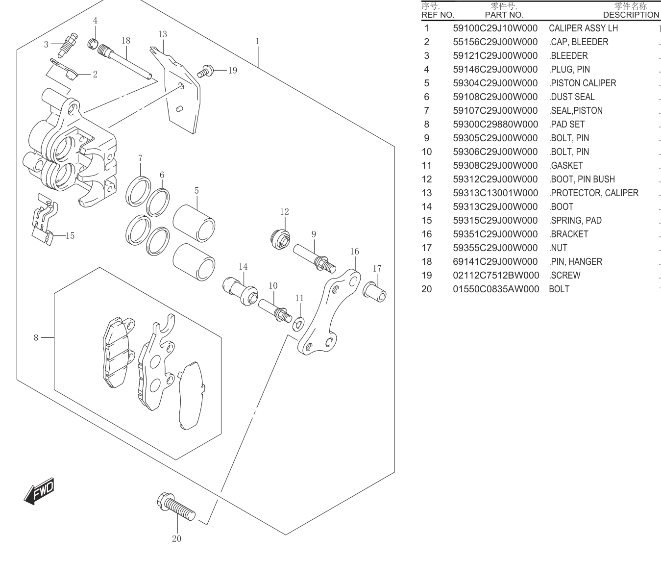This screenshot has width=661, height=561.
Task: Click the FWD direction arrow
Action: coord(39,491)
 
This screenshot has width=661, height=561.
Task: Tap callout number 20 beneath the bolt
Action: coord(176,539)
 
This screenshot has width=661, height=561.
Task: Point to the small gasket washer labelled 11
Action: coord(298,325)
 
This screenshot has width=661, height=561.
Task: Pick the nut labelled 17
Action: coord(374,292)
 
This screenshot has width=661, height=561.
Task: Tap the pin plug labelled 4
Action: coord(93,44)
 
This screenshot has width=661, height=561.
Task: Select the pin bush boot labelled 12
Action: coord(280,239)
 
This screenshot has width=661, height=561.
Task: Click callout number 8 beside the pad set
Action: coord(36,337)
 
